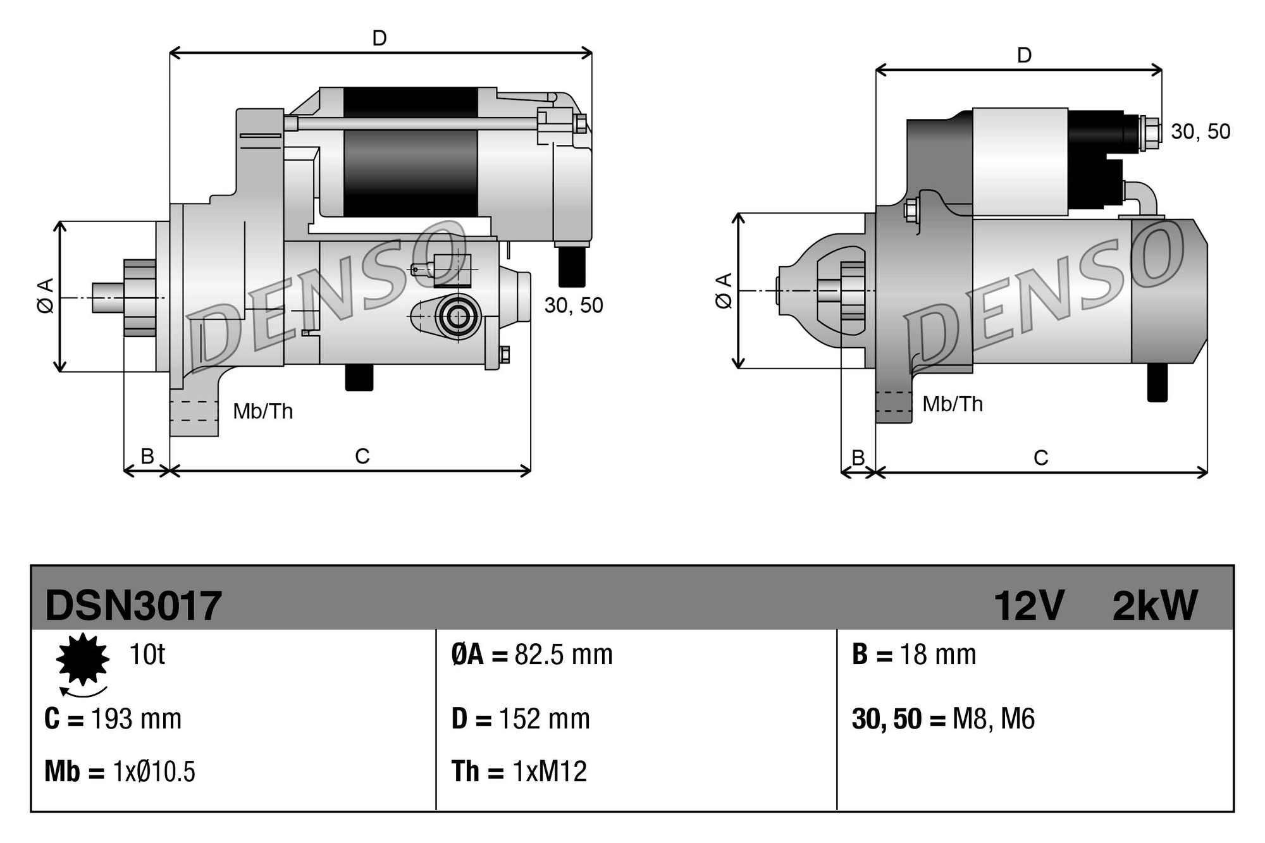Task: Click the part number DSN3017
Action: pyautogui.click(x=133, y=605)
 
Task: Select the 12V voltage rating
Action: pyautogui.click(x=1029, y=605)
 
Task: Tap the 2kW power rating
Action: pyautogui.click(x=1155, y=605)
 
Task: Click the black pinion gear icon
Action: pyautogui.click(x=82, y=659)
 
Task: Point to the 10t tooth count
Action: pyautogui.click(x=147, y=654)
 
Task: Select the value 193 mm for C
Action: pyautogui.click(x=136, y=719)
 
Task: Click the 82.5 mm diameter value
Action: pyautogui.click(x=563, y=655)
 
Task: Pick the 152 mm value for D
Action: pyautogui.click(x=544, y=719)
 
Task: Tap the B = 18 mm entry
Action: pyautogui.click(x=914, y=655)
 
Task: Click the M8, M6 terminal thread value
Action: pyautogui.click(x=993, y=719)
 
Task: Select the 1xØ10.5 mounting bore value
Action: pyautogui.click(x=154, y=772)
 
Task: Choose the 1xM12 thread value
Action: pyautogui.click(x=549, y=772)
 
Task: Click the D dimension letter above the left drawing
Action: pyautogui.click(x=379, y=39)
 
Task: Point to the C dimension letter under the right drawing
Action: pyautogui.click(x=1040, y=457)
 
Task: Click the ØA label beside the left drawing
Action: pyautogui.click(x=46, y=295)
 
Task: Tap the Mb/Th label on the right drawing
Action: pyautogui.click(x=953, y=404)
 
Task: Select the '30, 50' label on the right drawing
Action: pyautogui.click(x=1200, y=132)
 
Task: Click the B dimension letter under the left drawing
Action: pyautogui.click(x=147, y=456)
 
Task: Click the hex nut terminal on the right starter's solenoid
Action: pyautogui.click(x=1151, y=133)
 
